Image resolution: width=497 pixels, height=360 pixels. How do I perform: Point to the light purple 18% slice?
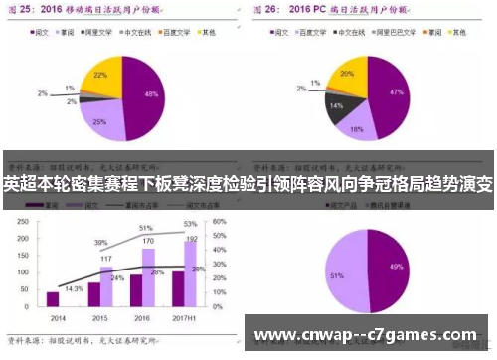(x=357, y=125)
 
